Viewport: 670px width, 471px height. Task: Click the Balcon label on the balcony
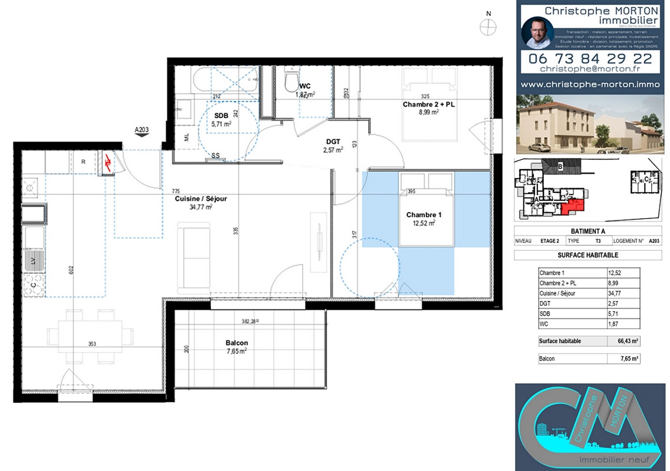pyautogui.click(x=236, y=343)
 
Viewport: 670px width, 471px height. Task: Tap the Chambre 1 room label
pyautogui.click(x=424, y=215)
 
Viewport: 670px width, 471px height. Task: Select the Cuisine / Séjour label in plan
pyautogui.click(x=201, y=199)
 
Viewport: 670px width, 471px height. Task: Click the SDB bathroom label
pyautogui.click(x=221, y=116)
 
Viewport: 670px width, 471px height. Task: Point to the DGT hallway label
pyautogui.click(x=333, y=142)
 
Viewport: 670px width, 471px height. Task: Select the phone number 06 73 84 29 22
pyautogui.click(x=590, y=58)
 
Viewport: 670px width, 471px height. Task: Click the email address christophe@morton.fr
pyautogui.click(x=590, y=69)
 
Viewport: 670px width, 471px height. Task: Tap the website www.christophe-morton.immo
pyautogui.click(x=590, y=85)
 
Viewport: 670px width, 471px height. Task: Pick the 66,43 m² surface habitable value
pyautogui.click(x=628, y=341)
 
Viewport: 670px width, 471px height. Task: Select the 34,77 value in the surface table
pyautogui.click(x=615, y=294)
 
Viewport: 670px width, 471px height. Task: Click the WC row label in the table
pyautogui.click(x=544, y=324)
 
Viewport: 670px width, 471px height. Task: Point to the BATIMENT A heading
pyautogui.click(x=588, y=232)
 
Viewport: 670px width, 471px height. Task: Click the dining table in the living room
pyautogui.click(x=90, y=336)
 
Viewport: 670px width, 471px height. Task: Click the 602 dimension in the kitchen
pyautogui.click(x=71, y=270)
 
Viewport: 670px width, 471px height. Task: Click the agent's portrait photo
pyautogui.click(x=537, y=33)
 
